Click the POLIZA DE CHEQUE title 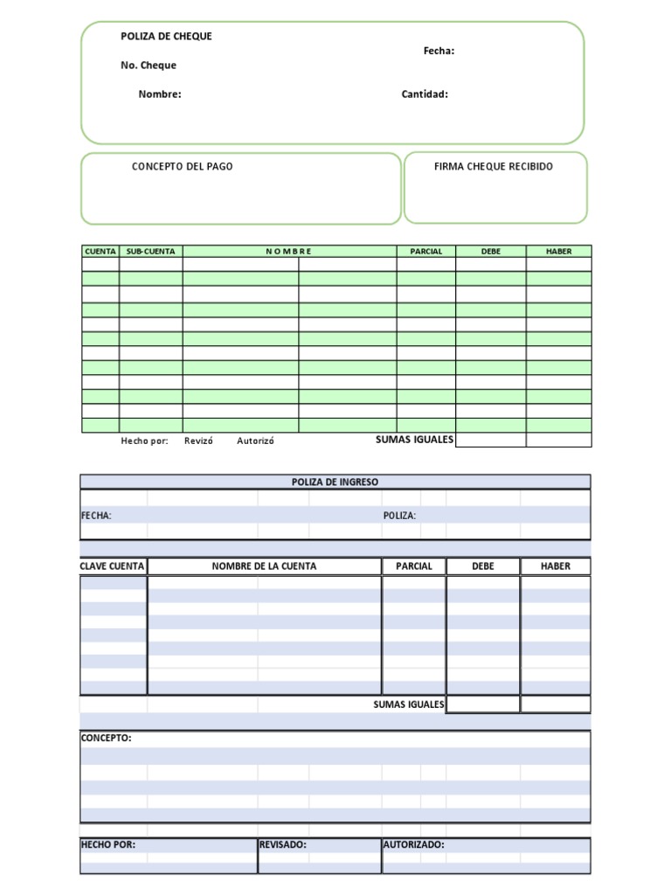pos(166,36)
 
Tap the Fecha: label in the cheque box pos(439,51)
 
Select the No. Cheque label pos(149,66)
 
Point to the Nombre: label pos(160,94)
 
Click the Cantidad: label pos(425,94)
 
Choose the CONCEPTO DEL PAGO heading pos(182,166)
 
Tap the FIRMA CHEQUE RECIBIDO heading pos(493,166)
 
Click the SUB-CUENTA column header pos(150,252)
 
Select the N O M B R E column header pos(288,252)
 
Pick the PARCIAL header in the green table pos(425,252)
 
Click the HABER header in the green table pos(558,252)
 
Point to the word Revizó pos(198,441)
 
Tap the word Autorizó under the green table pos(255,441)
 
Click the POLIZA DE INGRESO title pos(335,482)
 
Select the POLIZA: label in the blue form pos(399,516)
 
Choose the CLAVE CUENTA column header pos(112,566)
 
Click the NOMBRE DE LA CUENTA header pos(264,566)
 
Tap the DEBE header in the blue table pos(482,566)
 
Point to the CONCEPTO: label pos(106,738)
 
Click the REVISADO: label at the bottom pos(282,844)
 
